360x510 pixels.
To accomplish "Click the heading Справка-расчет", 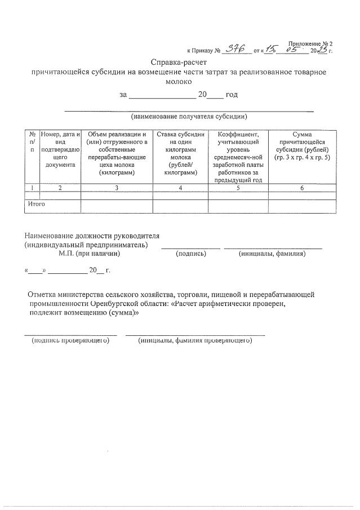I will [179, 62].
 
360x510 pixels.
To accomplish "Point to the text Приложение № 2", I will [310, 43].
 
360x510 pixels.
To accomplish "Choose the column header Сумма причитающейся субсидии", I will [302, 146].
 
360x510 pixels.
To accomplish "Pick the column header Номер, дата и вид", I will [60, 149].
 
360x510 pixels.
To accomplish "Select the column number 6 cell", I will [302, 188].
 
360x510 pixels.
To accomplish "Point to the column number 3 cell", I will [117, 188].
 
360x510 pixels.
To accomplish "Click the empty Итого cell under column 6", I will [302, 206].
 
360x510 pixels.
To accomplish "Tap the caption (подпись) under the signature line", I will [191, 254].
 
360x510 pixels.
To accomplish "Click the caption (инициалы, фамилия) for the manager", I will [273, 254].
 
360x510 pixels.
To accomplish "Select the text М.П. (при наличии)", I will [90, 254].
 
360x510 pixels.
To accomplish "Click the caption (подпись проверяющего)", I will [70, 341].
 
